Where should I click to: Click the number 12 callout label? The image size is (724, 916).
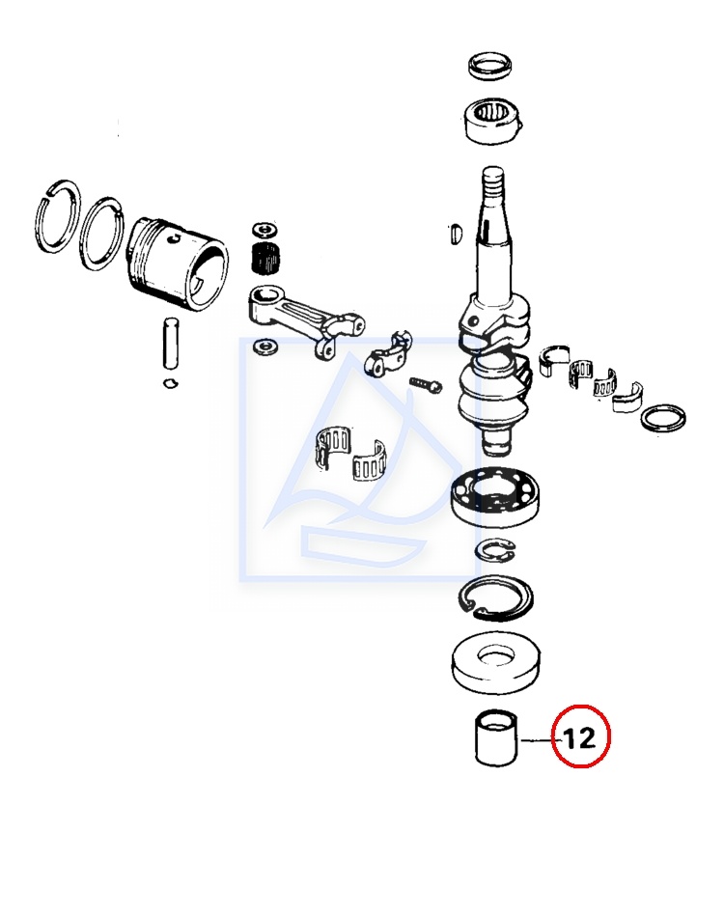point(579,737)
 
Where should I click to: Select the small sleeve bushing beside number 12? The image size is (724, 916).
point(496,737)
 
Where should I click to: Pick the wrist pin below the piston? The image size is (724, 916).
point(171,344)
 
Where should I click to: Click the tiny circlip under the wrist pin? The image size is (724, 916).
point(171,383)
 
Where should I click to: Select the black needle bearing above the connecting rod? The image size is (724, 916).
point(265,258)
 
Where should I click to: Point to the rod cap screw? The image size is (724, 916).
point(426,384)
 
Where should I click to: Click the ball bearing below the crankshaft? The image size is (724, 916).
point(496,496)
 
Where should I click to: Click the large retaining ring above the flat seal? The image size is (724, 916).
point(495,597)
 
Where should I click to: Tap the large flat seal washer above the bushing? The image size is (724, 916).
point(496,664)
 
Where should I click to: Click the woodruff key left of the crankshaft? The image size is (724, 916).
point(457,233)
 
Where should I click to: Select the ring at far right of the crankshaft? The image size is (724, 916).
point(663,418)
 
